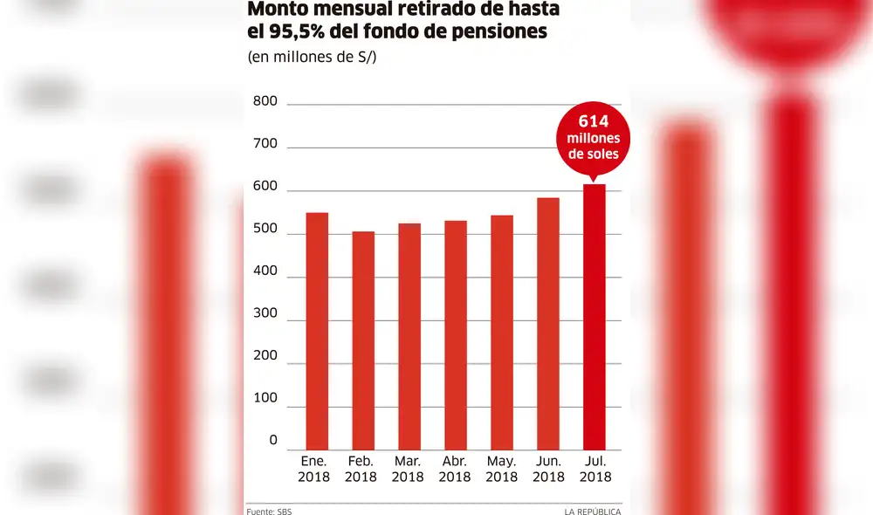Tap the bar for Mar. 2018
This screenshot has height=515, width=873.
tap(409, 335)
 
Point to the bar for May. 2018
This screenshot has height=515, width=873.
tap(502, 331)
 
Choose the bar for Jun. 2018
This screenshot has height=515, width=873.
tap(548, 322)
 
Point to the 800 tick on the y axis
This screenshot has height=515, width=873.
tap(265, 102)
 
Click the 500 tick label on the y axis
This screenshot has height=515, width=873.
tap(265, 230)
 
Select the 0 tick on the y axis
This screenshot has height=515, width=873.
tap(273, 441)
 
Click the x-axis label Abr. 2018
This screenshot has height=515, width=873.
tap(455, 469)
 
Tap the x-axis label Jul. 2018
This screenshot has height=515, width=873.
tap(595, 469)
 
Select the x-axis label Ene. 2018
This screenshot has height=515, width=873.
tap(314, 469)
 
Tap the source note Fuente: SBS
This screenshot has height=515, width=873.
tap(269, 511)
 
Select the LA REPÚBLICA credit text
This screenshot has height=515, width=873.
tap(592, 511)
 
